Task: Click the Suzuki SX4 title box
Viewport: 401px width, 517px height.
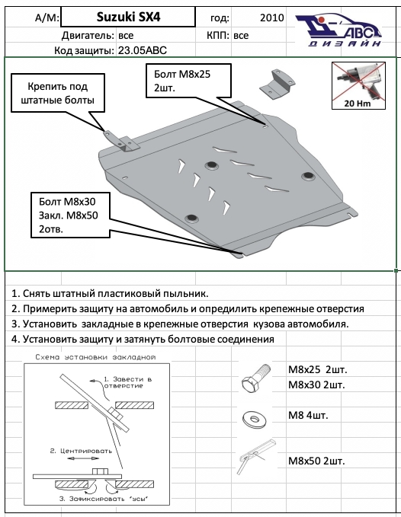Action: point(128,18)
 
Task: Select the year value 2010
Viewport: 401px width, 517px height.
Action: point(271,18)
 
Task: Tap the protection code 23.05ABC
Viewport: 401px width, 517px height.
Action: point(143,50)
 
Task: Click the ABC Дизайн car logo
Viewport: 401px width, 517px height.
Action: point(338,30)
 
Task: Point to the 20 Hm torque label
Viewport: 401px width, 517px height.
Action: point(358,104)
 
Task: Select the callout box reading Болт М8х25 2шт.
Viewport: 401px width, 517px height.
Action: point(188,81)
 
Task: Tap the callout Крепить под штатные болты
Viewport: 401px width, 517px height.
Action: point(58,94)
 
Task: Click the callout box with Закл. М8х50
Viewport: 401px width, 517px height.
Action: point(70,215)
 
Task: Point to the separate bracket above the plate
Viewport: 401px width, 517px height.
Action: point(277,84)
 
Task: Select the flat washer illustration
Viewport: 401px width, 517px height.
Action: point(254,419)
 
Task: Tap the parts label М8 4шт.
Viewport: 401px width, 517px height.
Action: point(308,415)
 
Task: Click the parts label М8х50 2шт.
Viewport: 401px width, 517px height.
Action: point(316,461)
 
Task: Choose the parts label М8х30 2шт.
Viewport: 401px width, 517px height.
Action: point(316,385)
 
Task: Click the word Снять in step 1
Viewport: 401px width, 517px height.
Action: point(38,293)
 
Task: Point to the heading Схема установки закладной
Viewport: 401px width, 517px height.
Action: point(95,357)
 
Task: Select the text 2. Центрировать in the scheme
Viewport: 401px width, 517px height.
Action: point(81,451)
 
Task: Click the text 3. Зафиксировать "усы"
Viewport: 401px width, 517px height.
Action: point(106,499)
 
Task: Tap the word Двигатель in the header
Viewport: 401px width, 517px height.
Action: point(88,35)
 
